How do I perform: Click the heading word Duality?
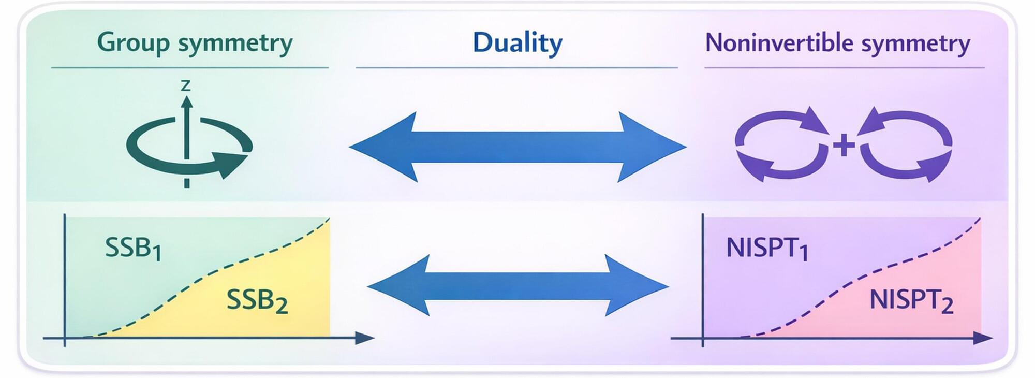point(517,43)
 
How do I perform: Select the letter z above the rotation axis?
point(185,85)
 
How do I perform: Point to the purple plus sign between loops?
point(844,145)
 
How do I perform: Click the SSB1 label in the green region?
point(133,249)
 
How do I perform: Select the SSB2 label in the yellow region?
point(257,301)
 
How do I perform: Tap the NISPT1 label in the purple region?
point(767,249)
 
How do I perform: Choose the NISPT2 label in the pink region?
point(911,301)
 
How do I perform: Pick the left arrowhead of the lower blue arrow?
point(398,285)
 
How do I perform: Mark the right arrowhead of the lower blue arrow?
point(637,285)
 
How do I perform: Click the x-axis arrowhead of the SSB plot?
point(364,338)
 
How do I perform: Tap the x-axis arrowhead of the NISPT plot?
point(983,338)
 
